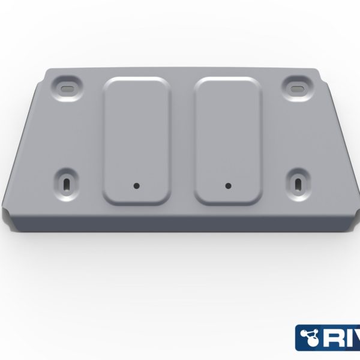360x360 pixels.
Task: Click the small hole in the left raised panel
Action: [x=136, y=185]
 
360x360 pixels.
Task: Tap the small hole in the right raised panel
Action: [x=228, y=185]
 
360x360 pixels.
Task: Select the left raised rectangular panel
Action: [x=136, y=138]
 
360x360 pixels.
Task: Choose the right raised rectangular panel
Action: [x=228, y=138]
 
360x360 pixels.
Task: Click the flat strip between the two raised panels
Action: [x=182, y=138]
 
